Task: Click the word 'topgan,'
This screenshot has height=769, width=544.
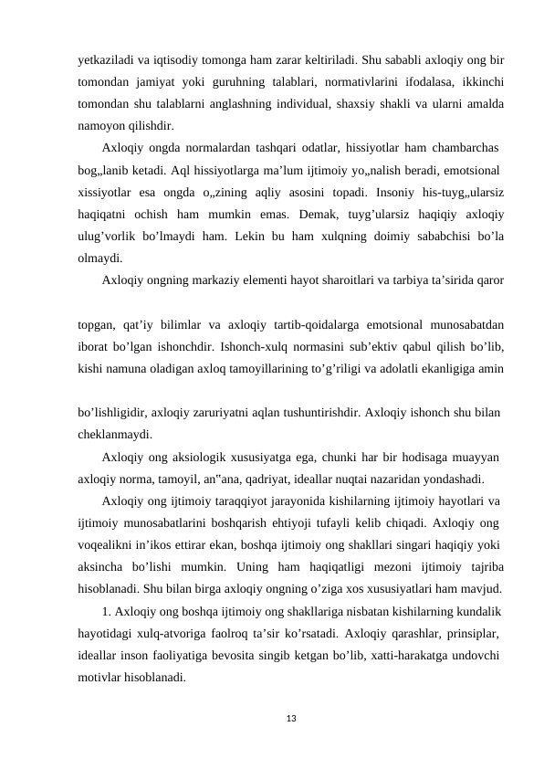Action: coord(99,324)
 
